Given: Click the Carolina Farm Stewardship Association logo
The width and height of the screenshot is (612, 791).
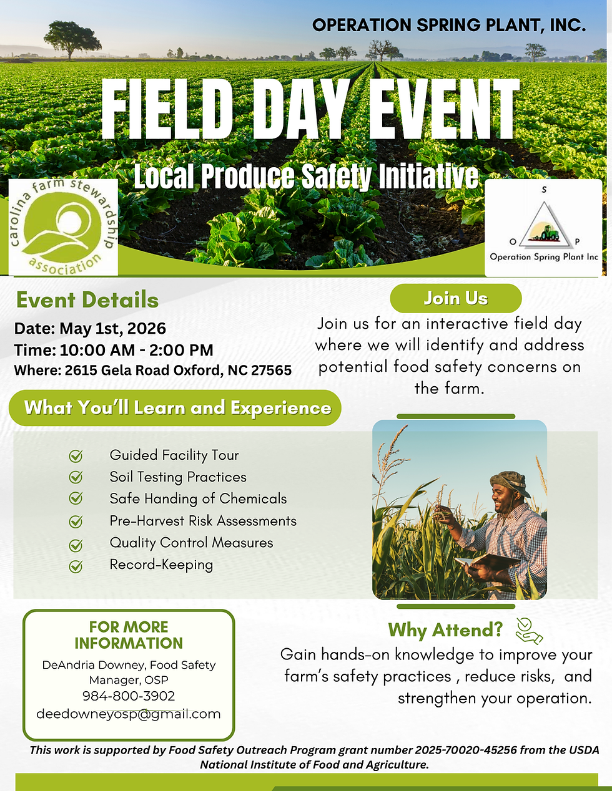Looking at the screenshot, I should [x=63, y=228].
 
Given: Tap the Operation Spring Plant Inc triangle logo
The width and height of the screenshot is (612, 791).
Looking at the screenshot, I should [x=542, y=228].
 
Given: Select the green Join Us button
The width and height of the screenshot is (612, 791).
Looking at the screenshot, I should [x=455, y=298].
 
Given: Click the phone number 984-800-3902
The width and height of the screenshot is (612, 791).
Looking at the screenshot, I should [x=129, y=696].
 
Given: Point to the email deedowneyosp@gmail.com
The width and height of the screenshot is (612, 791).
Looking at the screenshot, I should [x=129, y=714].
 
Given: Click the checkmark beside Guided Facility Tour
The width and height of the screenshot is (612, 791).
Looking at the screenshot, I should [x=76, y=456].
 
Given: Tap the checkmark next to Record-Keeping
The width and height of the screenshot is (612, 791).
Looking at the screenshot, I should [x=76, y=566].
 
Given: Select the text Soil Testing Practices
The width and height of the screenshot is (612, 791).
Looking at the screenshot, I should [x=178, y=477].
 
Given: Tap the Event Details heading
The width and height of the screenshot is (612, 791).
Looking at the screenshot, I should [x=87, y=300].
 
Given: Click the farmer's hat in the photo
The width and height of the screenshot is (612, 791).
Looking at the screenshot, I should [x=510, y=482].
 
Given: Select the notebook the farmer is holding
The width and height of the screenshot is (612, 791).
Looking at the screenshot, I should [x=487, y=562].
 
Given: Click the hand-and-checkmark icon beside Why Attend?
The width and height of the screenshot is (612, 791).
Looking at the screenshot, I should [x=528, y=631].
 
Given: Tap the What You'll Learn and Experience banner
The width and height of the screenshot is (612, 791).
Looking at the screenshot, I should [x=177, y=408].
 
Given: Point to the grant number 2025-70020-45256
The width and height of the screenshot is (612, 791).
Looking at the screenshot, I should [x=466, y=750].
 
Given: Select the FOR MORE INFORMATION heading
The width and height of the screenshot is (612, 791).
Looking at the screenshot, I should [x=129, y=635].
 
